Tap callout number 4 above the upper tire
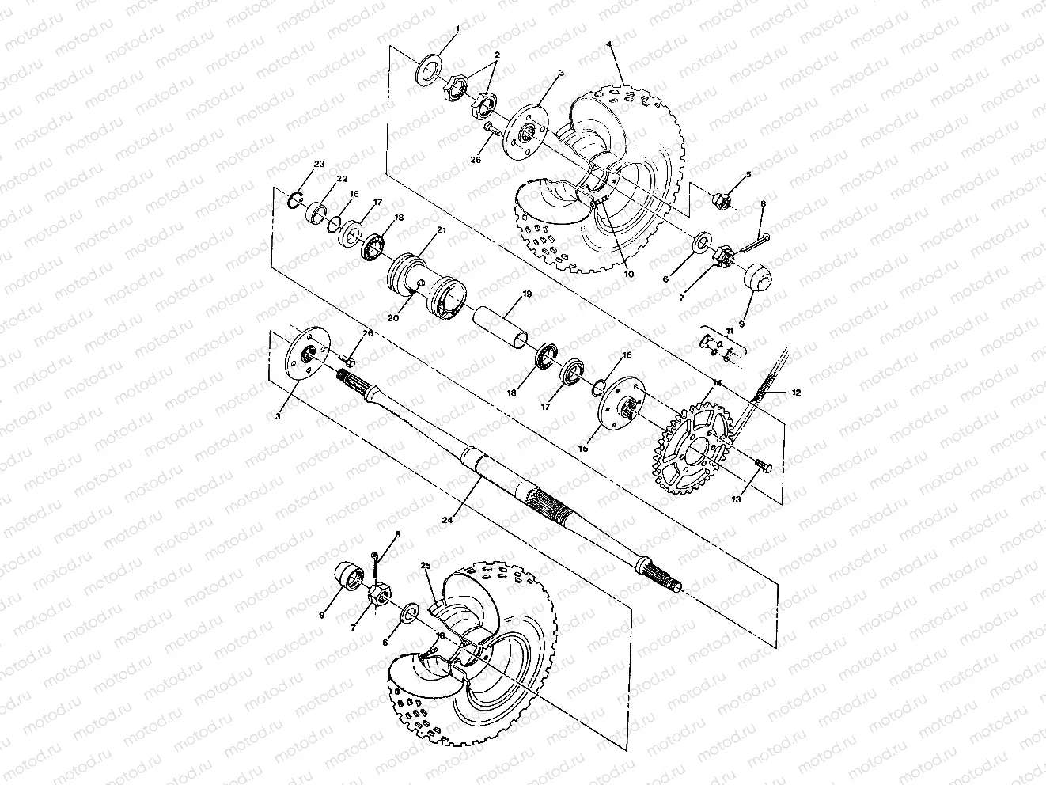tap(610, 45)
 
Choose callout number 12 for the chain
tap(795, 392)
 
